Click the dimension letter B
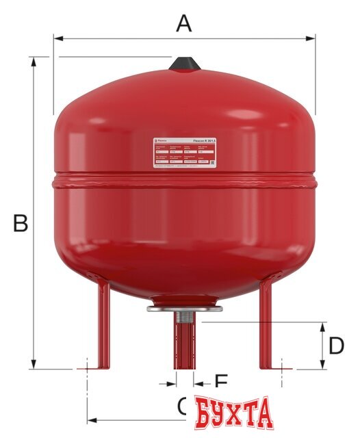coord(21,223)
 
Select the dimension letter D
coord(335,346)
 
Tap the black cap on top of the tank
coord(184,64)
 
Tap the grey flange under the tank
coord(184,309)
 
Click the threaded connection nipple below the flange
coord(184,319)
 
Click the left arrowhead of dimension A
coord(57,39)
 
